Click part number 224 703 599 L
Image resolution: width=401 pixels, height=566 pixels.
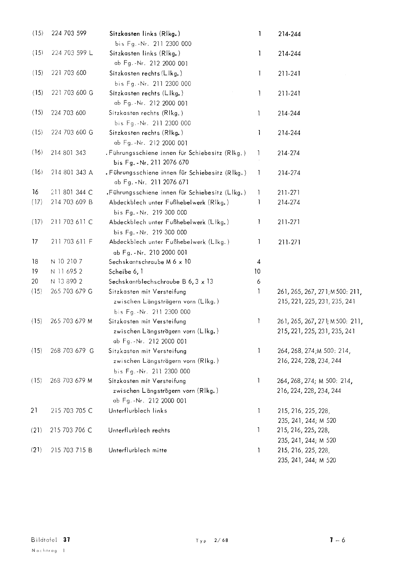[x=72, y=53]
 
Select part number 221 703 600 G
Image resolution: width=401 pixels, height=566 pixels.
[x=72, y=93]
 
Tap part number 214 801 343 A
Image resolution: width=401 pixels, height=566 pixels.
[x=72, y=173]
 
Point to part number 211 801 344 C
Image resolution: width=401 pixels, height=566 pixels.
[x=72, y=193]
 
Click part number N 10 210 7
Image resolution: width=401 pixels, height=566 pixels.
[x=67, y=262]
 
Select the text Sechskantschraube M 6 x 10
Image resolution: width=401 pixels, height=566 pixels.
[x=150, y=262]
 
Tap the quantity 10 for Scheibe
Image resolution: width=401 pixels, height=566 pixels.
[x=257, y=272]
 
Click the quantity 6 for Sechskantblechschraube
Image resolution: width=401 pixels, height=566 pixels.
[x=258, y=282]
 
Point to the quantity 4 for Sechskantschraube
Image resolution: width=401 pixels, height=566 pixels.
[x=258, y=262]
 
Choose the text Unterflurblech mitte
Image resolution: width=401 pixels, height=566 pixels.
[x=138, y=450]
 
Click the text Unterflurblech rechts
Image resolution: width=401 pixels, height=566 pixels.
[x=139, y=431]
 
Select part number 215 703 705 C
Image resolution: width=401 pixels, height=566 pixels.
[x=72, y=411]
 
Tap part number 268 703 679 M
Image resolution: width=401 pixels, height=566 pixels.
[x=72, y=381]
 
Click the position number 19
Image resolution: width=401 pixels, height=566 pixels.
[x=35, y=272]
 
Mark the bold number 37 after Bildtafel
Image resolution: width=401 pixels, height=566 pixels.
[x=67, y=540]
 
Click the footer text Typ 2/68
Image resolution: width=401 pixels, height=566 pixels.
[x=212, y=541]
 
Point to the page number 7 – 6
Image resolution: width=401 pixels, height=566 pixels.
[x=337, y=540]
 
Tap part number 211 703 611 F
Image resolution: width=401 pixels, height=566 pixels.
[x=72, y=242]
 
